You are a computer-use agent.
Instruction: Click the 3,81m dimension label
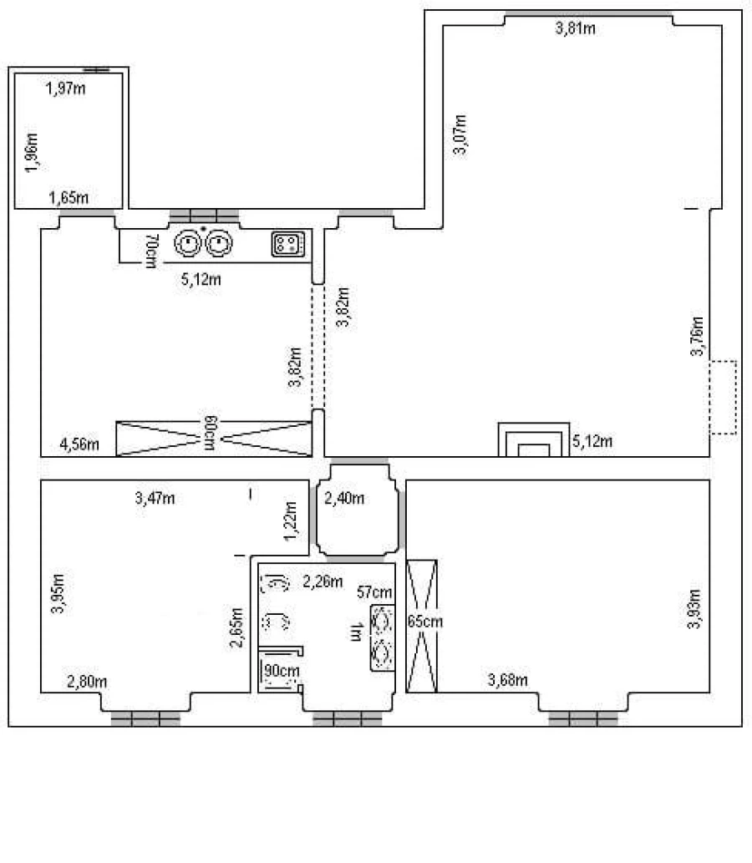coord(576,28)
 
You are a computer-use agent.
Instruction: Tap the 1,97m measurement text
coord(65,88)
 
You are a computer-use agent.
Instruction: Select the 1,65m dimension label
coord(69,198)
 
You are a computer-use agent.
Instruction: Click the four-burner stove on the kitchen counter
coord(288,244)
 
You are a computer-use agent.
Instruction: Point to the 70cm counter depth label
coord(151,251)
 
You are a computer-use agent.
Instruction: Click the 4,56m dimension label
coord(79,444)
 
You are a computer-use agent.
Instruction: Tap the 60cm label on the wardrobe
coord(211,434)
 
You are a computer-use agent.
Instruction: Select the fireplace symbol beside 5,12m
coord(533,439)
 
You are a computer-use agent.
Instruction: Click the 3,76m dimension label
coord(698,336)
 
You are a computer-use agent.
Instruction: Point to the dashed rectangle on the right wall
coord(723,398)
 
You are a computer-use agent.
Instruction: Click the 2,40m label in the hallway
coord(344,499)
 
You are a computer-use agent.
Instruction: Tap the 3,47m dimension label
coord(155,499)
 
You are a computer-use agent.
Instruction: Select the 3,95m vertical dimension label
coord(58,593)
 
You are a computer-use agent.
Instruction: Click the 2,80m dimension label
coord(87,682)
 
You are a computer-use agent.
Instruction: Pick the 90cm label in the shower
coord(282,671)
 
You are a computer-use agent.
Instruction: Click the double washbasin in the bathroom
coord(382,638)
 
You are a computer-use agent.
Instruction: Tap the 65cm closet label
coord(425,622)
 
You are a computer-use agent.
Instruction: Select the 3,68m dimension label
coord(507,680)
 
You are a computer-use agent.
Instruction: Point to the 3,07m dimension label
coord(460,135)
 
